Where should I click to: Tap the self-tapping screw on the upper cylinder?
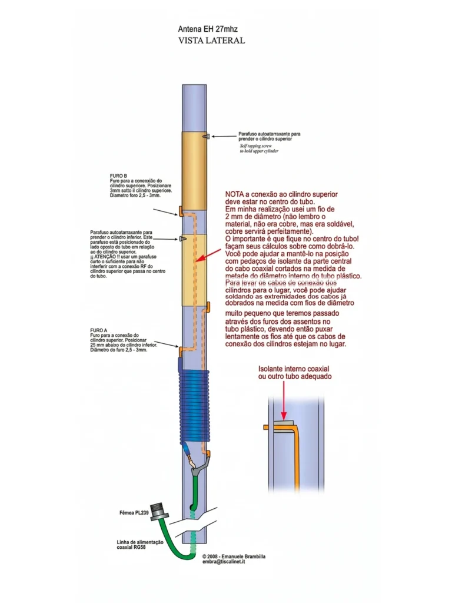point(204,136)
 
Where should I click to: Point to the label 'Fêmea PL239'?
point(133,513)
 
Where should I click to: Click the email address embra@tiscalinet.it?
point(224,562)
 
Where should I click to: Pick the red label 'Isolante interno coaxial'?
point(294,368)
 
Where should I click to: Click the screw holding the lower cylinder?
point(184,238)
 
